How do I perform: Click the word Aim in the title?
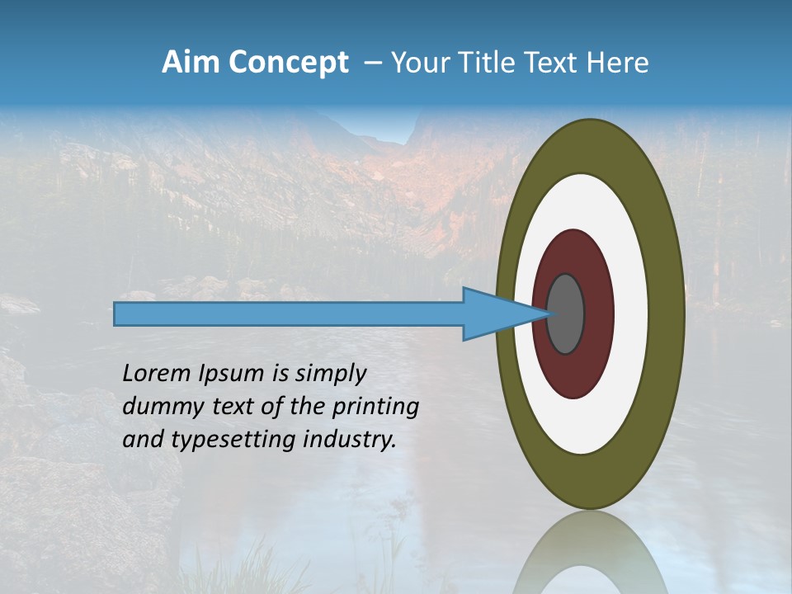tap(191, 63)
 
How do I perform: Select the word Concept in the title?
tap(289, 63)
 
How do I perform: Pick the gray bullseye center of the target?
tap(566, 313)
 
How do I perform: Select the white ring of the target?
tap(630, 313)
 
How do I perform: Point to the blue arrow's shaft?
tap(289, 313)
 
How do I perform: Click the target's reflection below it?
tap(591, 553)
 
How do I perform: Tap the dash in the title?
tap(372, 63)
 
